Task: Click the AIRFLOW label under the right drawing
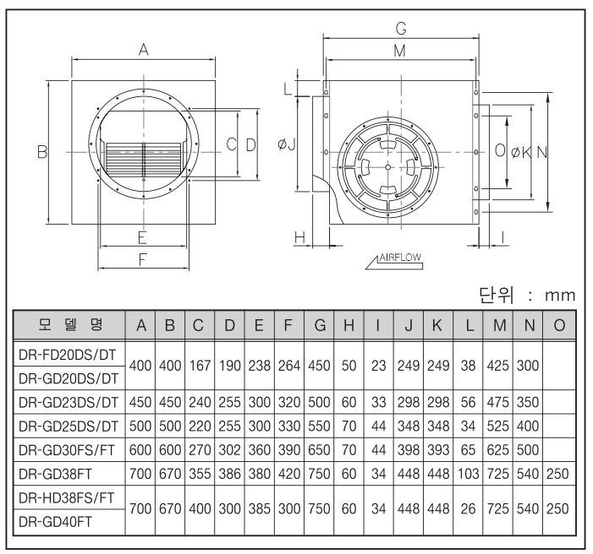400,258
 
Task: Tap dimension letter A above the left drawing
143,50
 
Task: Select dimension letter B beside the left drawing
42,152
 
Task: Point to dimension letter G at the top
401,29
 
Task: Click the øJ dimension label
286,144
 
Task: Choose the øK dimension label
522,152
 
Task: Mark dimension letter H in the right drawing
299,237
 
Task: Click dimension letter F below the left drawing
143,259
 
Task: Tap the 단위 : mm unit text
527,295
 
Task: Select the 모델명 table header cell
69,325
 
